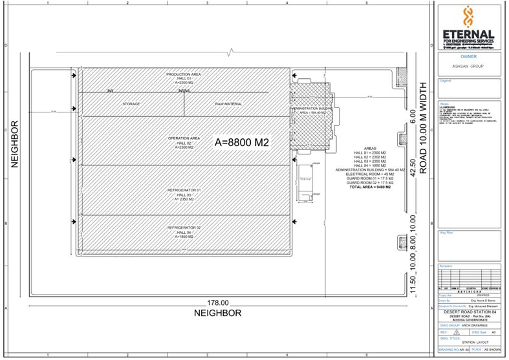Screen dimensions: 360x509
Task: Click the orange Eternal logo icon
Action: pyautogui.click(x=469, y=17)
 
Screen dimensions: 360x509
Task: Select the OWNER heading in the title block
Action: pyautogui.click(x=468, y=56)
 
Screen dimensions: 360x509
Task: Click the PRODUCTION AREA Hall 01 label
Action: pyautogui.click(x=184, y=78)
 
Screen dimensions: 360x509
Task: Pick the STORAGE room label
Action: pyautogui.click(x=131, y=103)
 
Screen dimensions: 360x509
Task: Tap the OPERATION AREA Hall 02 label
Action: pyautogui.click(x=184, y=142)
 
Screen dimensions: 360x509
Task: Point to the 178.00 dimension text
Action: pyautogui.click(x=218, y=302)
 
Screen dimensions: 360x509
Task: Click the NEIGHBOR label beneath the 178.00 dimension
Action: pyautogui.click(x=218, y=313)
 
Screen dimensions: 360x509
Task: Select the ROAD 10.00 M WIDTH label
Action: pyautogui.click(x=425, y=129)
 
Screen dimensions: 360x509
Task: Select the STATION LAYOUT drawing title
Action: pyautogui.click(x=475, y=343)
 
